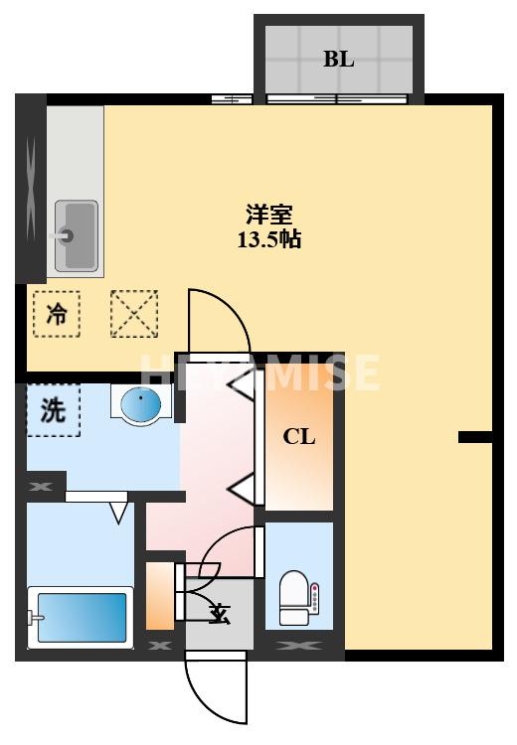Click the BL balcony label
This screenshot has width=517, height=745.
(x=338, y=59)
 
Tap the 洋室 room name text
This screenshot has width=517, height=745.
(x=268, y=214)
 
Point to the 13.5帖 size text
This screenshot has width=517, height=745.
(x=268, y=239)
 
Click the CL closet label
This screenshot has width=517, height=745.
(x=299, y=436)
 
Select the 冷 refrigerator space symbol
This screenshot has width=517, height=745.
(x=58, y=315)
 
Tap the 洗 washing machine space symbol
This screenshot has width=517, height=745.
(x=53, y=410)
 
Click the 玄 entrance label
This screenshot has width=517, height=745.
(x=220, y=615)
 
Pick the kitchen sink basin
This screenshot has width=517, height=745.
(x=76, y=234)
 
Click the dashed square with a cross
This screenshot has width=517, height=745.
(x=134, y=314)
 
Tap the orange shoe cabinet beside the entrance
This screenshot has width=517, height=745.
(x=159, y=596)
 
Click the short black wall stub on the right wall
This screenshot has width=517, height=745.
(x=475, y=436)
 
